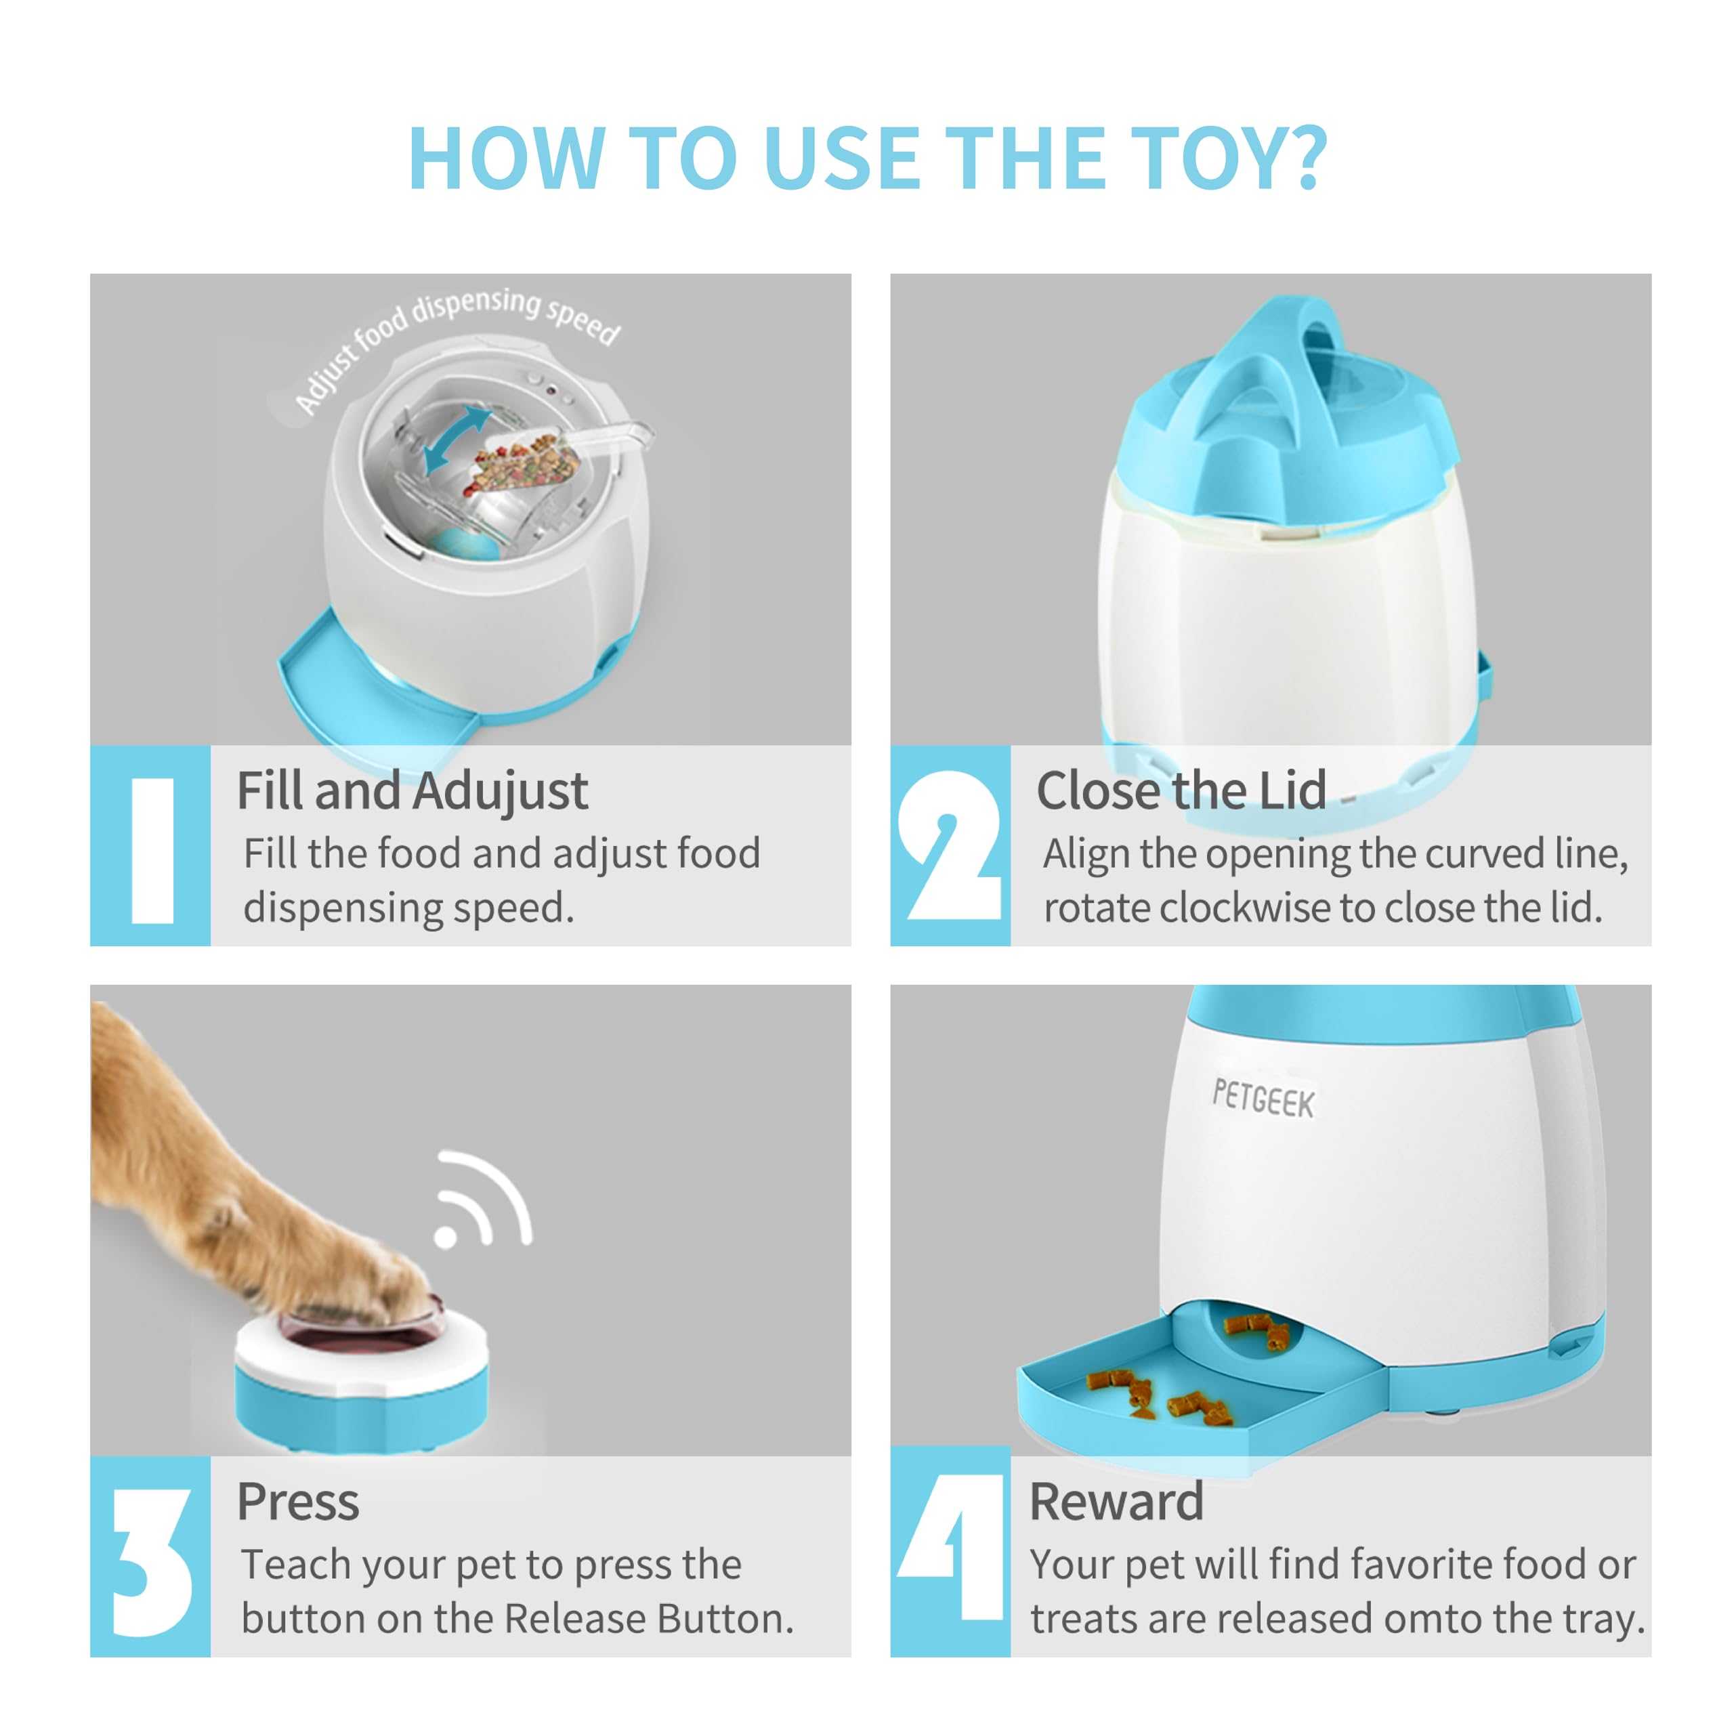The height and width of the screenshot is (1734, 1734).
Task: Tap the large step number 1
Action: click(x=152, y=850)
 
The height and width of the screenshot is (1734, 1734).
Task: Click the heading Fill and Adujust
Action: click(x=411, y=792)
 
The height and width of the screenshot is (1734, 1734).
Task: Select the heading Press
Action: click(x=297, y=1502)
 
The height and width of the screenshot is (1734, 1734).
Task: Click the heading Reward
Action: click(x=1116, y=1502)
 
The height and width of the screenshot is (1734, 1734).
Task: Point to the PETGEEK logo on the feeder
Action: click(x=1263, y=1099)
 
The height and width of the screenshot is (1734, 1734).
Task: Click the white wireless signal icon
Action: click(x=482, y=1200)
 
